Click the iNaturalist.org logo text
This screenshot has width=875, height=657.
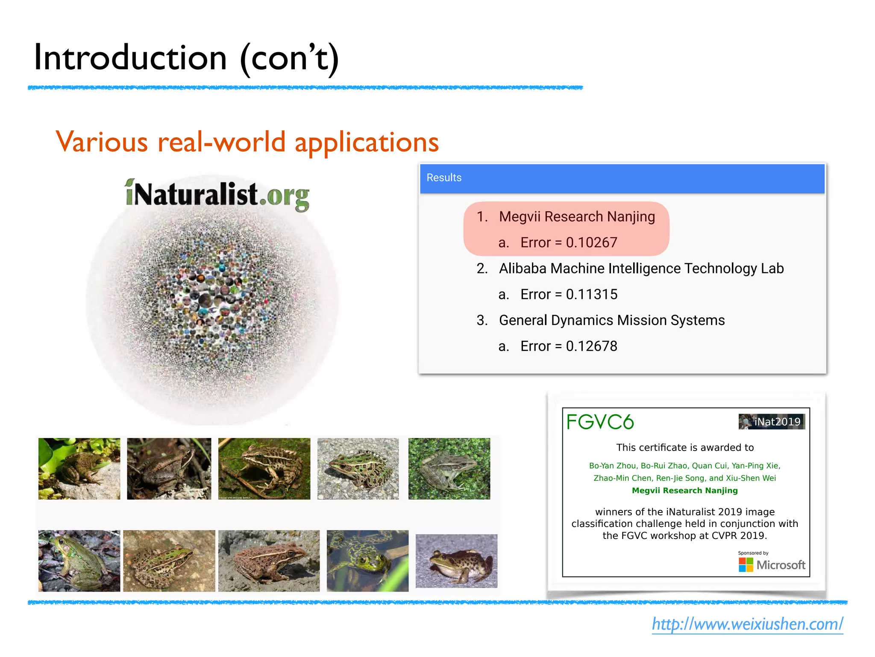[x=217, y=195]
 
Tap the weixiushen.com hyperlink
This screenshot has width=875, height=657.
[x=747, y=624]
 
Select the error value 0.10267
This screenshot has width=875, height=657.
[x=591, y=243]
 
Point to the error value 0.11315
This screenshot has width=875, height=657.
[x=591, y=295]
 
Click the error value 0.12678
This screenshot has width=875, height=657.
[x=591, y=346]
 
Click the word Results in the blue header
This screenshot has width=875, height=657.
[x=444, y=178]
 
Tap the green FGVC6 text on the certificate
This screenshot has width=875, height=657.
[x=600, y=422]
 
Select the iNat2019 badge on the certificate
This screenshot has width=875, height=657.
[x=772, y=422]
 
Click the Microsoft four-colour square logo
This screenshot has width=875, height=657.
[x=746, y=565]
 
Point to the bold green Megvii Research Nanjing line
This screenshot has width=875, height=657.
[x=684, y=491]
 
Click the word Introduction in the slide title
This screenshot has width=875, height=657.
[x=130, y=58]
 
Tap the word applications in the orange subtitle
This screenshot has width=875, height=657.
[x=367, y=142]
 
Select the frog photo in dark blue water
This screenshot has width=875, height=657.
[x=367, y=561]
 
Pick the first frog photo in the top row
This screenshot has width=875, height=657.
[x=79, y=469]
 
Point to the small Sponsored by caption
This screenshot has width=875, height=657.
[x=753, y=553]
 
